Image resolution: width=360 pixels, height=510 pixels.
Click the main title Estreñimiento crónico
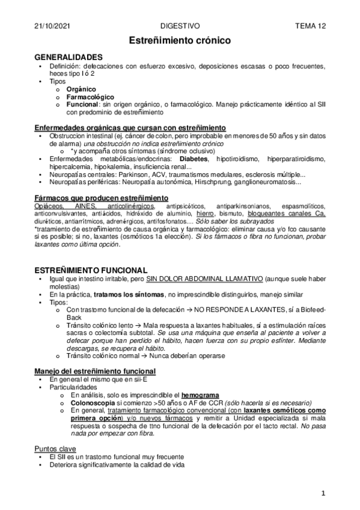[x=180, y=40]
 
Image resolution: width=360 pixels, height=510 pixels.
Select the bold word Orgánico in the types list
[x=82, y=88]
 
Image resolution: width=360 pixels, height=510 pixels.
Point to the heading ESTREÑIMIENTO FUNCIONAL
[x=91, y=269]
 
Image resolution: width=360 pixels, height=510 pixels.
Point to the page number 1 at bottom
[x=323, y=493]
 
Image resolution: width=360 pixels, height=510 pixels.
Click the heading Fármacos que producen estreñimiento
[x=101, y=198]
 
